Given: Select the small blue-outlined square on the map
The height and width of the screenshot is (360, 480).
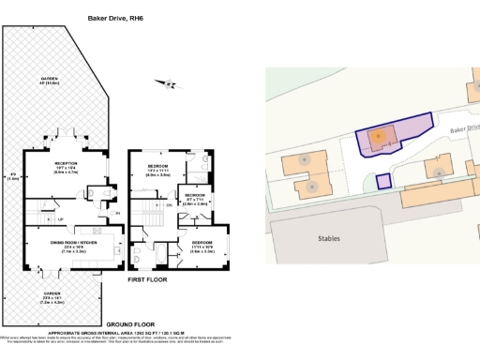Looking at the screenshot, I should click(x=382, y=181).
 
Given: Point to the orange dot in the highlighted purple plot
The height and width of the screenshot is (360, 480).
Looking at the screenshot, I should click(x=377, y=137).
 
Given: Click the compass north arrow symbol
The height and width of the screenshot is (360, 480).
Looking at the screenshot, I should click(x=170, y=84).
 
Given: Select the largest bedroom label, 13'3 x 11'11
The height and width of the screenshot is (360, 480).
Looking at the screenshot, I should click(x=157, y=170).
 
